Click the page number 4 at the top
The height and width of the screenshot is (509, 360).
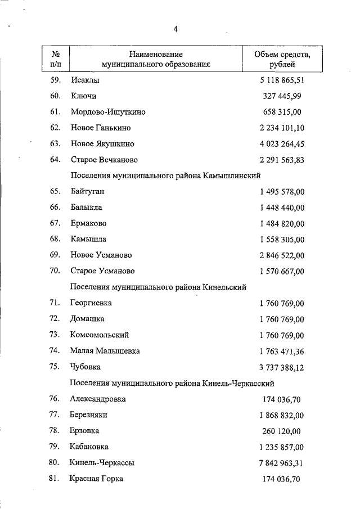point(175,29)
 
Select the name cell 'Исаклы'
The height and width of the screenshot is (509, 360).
point(84,80)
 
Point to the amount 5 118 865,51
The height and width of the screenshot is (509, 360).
point(282,80)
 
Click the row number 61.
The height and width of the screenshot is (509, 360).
point(55,112)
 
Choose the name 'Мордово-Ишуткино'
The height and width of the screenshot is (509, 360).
point(108,112)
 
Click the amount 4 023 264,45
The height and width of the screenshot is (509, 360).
point(282,143)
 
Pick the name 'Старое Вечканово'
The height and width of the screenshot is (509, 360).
point(104,160)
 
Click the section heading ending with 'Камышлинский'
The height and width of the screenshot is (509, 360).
point(166,175)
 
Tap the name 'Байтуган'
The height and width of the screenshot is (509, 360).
point(87,191)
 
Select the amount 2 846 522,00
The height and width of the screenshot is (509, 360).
point(282,255)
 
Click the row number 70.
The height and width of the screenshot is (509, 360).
point(55,271)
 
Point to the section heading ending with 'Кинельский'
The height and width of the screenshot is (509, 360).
point(159,287)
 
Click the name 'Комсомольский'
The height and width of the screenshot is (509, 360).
point(100,335)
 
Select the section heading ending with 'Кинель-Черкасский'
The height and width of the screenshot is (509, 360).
point(172,383)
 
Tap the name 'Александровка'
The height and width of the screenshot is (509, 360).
point(98,399)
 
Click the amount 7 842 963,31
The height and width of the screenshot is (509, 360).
point(282,463)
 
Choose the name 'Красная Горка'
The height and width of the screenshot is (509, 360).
point(97,479)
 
